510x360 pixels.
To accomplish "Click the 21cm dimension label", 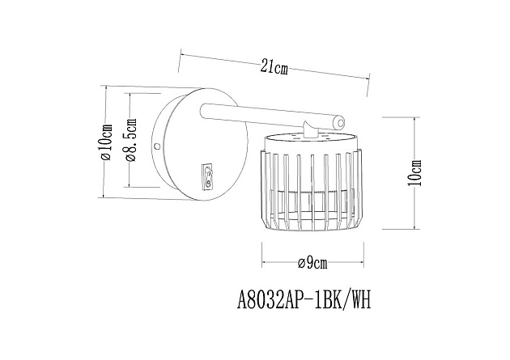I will (274, 67).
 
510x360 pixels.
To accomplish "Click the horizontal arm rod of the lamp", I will (267, 116).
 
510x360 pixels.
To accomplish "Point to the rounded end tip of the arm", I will (340, 124).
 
